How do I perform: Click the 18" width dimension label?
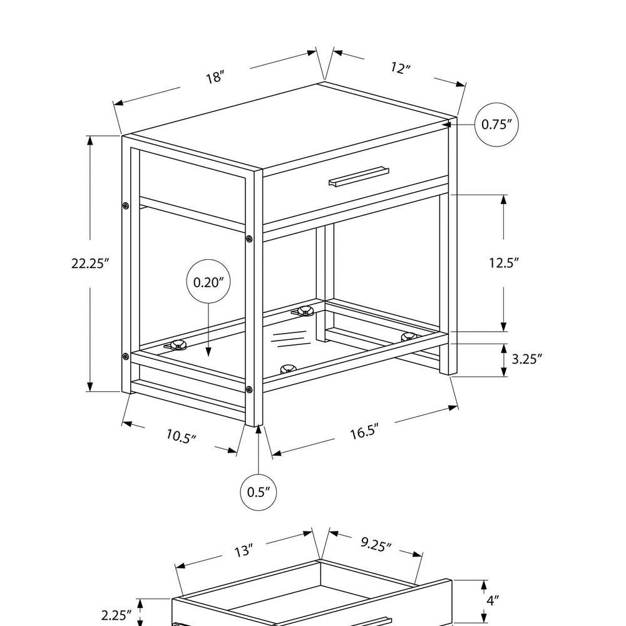coord(215,76)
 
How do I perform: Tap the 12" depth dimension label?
coord(401,68)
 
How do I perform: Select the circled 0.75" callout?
coord(496,125)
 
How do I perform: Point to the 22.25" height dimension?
coord(90,264)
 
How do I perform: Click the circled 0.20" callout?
coord(208,282)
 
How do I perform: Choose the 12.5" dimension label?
coord(504,263)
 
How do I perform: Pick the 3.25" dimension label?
coord(527,359)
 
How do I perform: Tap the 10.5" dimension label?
coord(182,436)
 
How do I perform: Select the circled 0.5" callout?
coord(259,492)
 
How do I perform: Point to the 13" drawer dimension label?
coord(244,551)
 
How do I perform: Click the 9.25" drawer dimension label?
coord(376,544)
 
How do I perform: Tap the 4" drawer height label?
coord(493,600)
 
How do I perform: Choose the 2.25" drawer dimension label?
coord(116,615)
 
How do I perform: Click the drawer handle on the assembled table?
coord(359,177)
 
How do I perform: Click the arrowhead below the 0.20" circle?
coord(208,351)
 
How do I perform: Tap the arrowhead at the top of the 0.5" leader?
coord(259,429)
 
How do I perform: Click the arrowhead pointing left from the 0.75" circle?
coord(446,125)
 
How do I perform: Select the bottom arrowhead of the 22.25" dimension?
coord(90,386)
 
